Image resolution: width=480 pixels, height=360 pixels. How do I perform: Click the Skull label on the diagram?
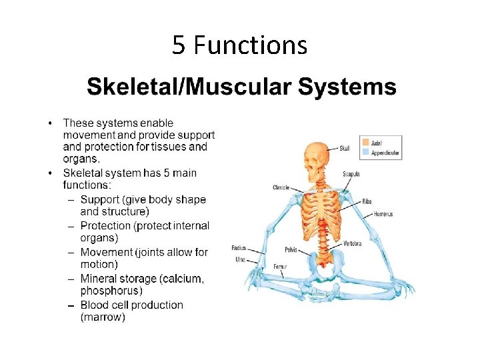(345, 148)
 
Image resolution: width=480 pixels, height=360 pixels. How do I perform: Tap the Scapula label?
(351, 174)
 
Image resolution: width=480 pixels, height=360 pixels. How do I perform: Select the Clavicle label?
(281, 187)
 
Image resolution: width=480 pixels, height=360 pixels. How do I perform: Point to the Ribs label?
(367, 201)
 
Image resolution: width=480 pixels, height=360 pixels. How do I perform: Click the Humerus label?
(383, 214)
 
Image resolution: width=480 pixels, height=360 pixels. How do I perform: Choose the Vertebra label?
(353, 244)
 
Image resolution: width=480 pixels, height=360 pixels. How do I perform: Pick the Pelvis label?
(291, 251)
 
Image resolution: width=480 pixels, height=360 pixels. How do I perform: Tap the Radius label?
(239, 248)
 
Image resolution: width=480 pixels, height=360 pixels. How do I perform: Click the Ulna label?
(240, 259)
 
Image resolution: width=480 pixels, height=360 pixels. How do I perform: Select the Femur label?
(280, 266)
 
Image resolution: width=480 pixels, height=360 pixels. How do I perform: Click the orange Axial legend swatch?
(365, 142)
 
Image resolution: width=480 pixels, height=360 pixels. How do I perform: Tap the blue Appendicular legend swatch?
(365, 152)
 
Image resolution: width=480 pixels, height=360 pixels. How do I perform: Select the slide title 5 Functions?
(239, 45)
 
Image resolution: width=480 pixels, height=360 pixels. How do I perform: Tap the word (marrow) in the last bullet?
(103, 317)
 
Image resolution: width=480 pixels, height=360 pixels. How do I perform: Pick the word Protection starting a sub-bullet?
(107, 226)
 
